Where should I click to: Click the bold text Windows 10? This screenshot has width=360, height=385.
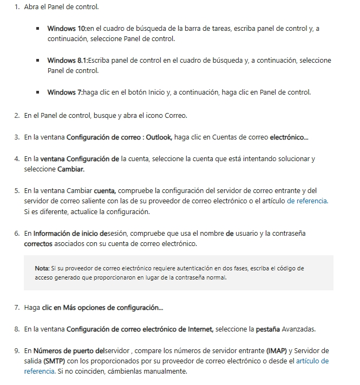coord(67,28)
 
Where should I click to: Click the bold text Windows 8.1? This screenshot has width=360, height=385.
coord(68,60)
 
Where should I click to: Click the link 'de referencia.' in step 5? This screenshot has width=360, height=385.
coord(307,201)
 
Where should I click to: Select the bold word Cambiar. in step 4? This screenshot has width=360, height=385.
coord(71,169)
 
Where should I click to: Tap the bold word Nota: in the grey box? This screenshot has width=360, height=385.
coord(42,268)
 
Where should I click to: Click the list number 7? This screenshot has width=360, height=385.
coord(17,308)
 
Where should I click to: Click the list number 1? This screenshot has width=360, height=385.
coord(17,8)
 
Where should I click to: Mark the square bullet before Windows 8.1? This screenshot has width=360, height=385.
coord(38,61)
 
